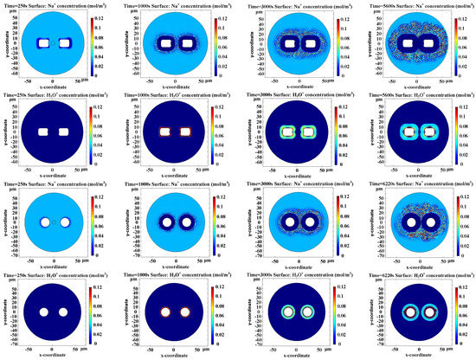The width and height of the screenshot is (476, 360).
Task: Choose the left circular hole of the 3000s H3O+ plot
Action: point(283,312)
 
